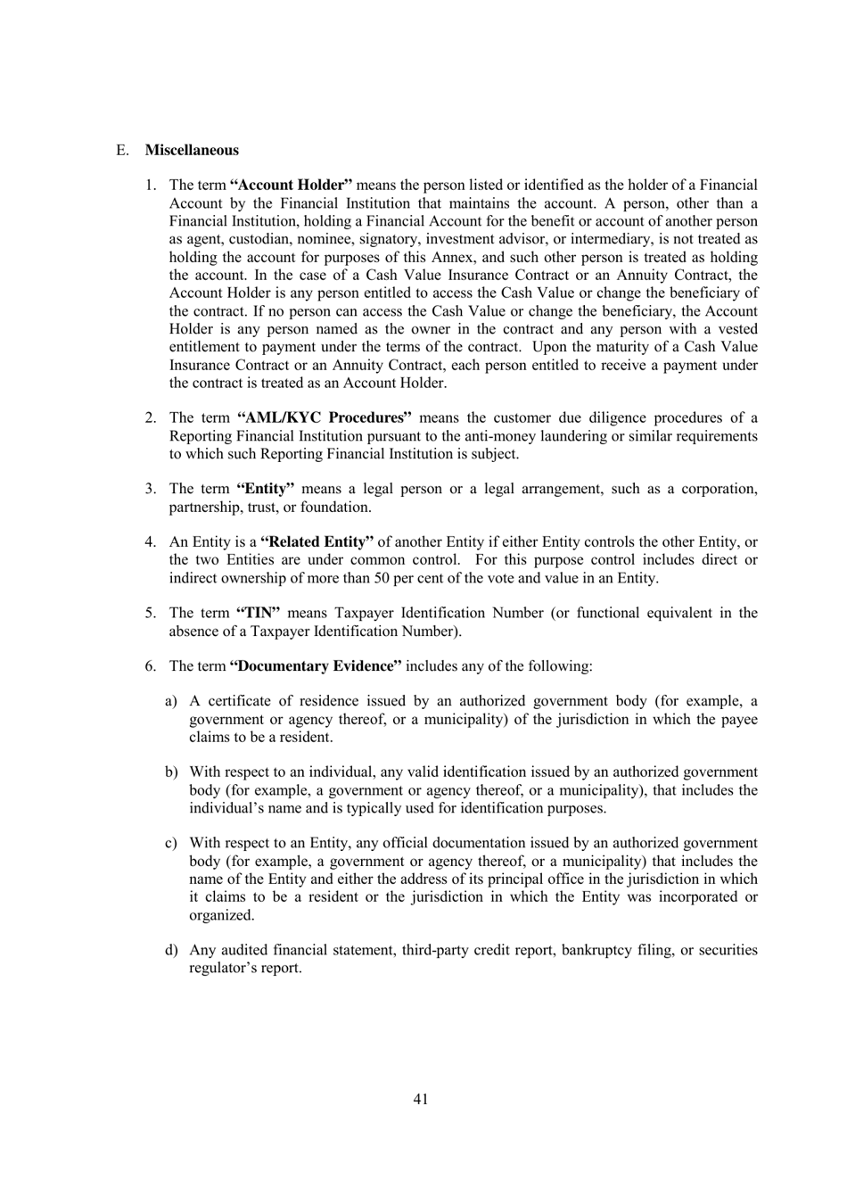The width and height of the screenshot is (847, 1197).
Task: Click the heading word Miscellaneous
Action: [x=192, y=150]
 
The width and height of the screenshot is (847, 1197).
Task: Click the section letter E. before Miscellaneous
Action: [x=121, y=150]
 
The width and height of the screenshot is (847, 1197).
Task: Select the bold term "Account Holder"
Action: [x=291, y=186]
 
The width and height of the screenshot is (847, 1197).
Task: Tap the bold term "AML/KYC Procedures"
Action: [x=325, y=417]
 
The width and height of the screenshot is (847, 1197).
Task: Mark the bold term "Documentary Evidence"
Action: [x=316, y=666]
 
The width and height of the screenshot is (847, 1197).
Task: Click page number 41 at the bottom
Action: [x=421, y=1099]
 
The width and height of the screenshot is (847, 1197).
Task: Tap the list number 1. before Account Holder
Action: [x=151, y=186]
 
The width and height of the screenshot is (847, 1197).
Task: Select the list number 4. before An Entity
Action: [x=151, y=541]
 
